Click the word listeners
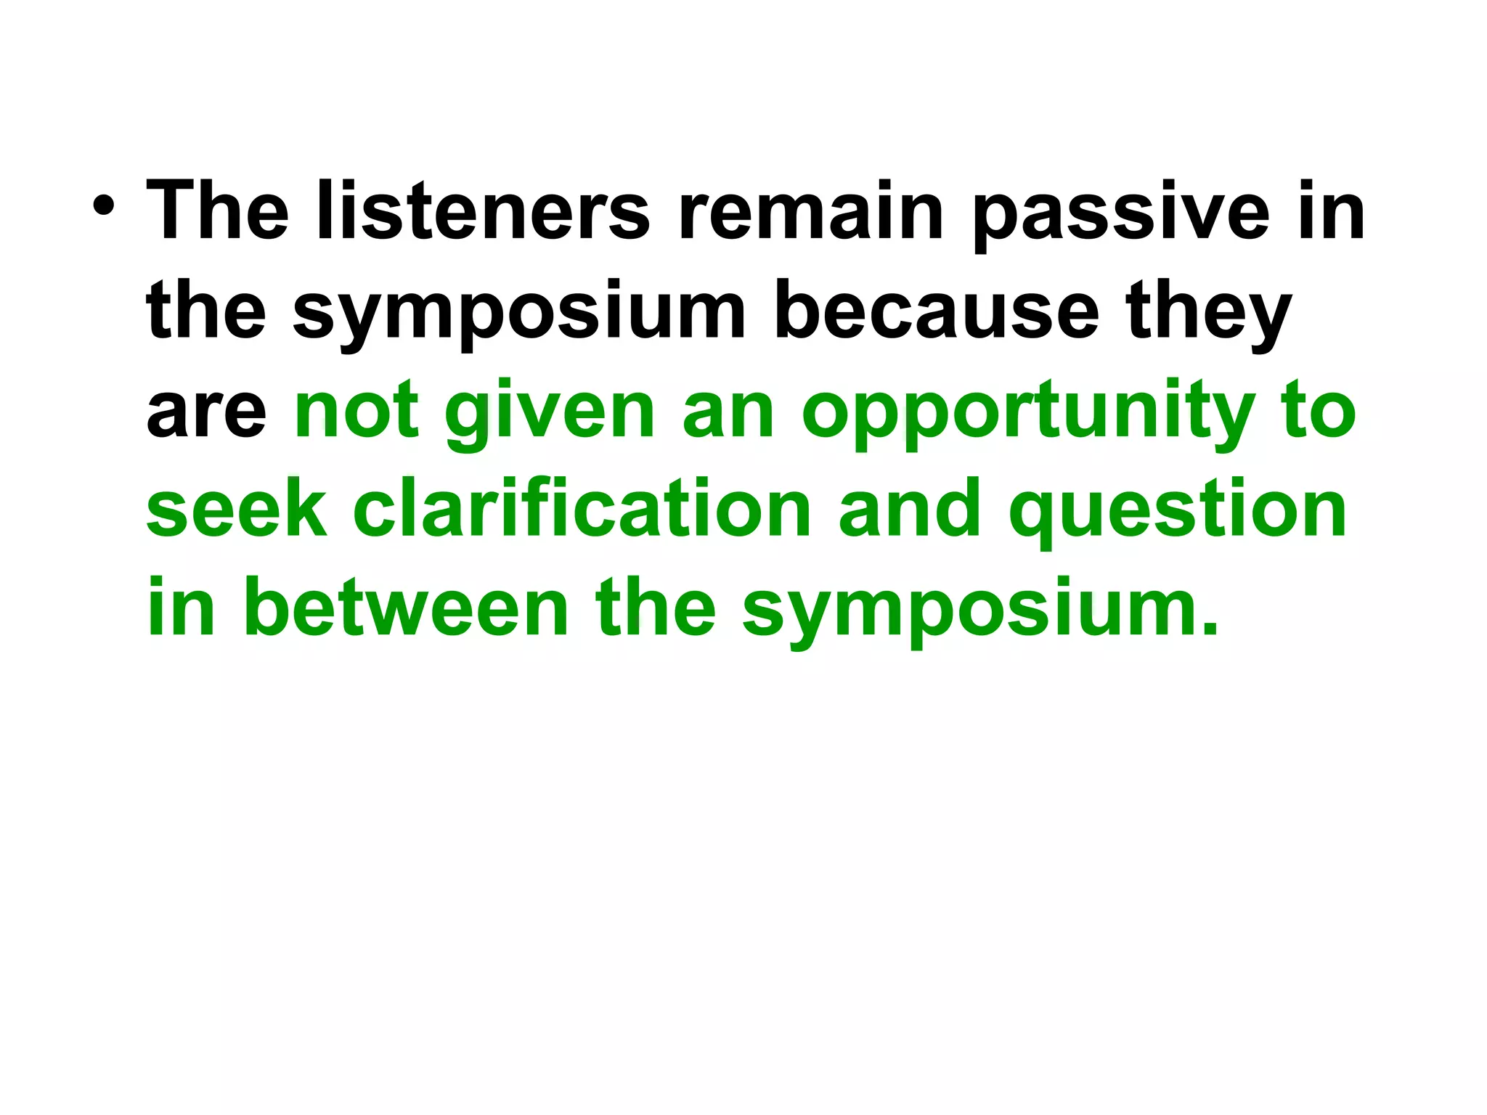click(x=483, y=211)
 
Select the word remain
click(x=811, y=211)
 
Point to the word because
click(x=936, y=312)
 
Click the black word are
click(x=206, y=412)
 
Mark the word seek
click(x=237, y=510)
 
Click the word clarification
click(x=582, y=510)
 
